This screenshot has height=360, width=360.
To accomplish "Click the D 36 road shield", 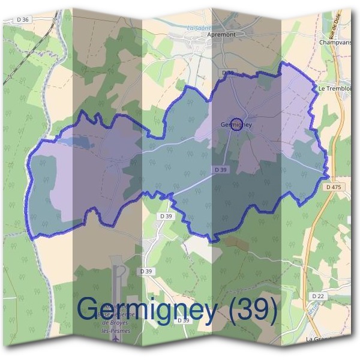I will pyautogui.click(x=23, y=20).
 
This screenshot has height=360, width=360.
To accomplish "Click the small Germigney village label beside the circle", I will pyautogui.click(x=236, y=125).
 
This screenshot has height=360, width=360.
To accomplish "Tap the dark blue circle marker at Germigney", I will pyautogui.click(x=236, y=124).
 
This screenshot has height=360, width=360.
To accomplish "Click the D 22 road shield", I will pyautogui.click(x=318, y=296).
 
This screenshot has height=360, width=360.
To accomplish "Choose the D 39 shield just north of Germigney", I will pyautogui.click(x=227, y=73).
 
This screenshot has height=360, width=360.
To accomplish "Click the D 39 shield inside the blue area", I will pyautogui.click(x=221, y=170).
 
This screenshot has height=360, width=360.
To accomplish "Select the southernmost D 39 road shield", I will pyautogui.click(x=183, y=320).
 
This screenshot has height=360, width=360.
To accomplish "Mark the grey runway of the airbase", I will pyautogui.click(x=119, y=282).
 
